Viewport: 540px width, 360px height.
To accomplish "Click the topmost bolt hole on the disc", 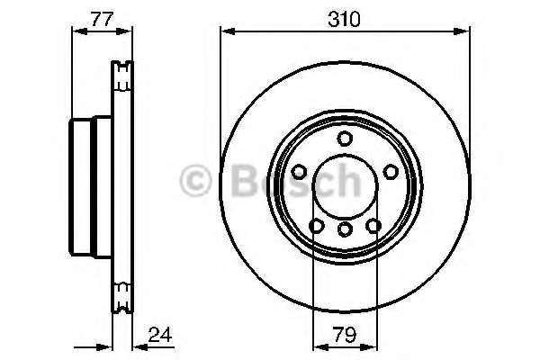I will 345,138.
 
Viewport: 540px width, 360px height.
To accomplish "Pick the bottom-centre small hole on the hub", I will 345,230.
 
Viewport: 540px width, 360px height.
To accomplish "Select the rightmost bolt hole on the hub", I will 391,171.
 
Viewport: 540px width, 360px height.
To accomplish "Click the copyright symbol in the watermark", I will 194,181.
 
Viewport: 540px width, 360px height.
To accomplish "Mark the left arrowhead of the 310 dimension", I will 226,31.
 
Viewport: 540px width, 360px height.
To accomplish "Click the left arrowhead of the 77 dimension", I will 76,31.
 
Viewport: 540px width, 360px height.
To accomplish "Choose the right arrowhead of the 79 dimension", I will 372,346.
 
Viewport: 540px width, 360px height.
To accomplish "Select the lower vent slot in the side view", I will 121,290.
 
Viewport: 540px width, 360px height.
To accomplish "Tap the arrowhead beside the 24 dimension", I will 137,346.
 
